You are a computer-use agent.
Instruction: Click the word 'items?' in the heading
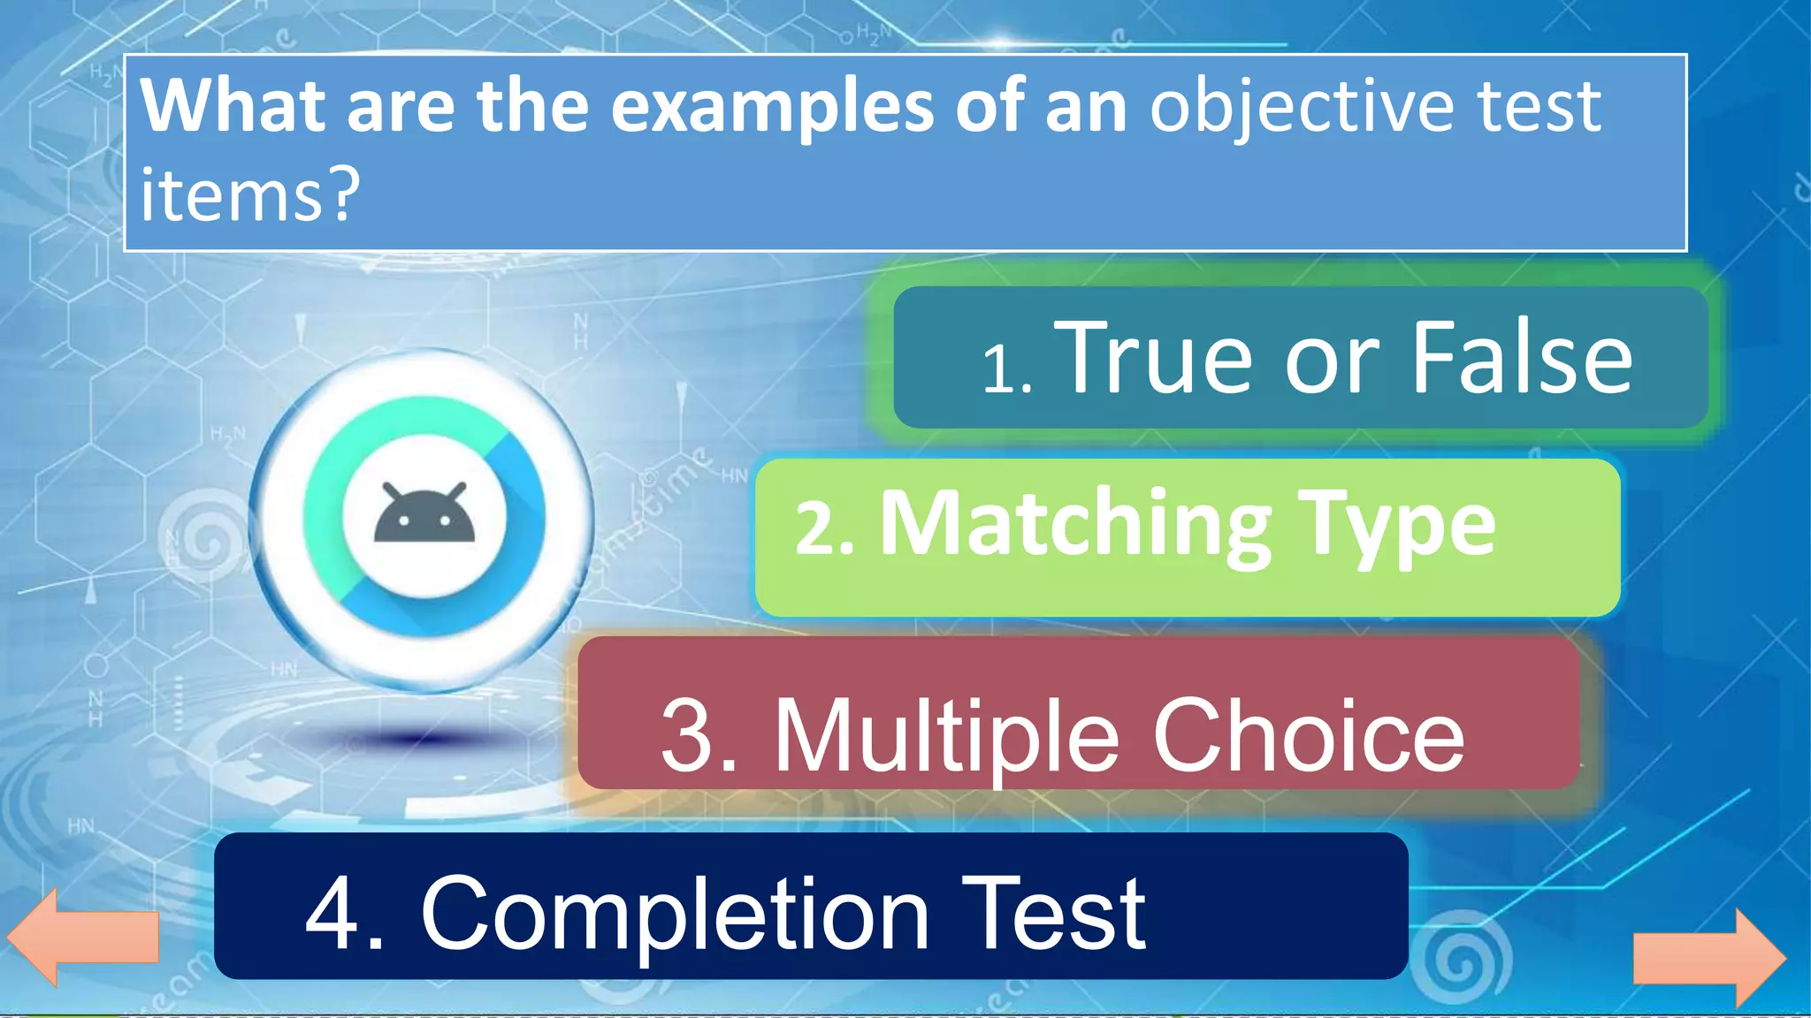coord(250,194)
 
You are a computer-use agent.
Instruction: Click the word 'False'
coord(1521,357)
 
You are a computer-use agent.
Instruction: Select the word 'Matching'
coord(1075,527)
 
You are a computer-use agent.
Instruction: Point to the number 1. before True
coord(1007,369)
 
